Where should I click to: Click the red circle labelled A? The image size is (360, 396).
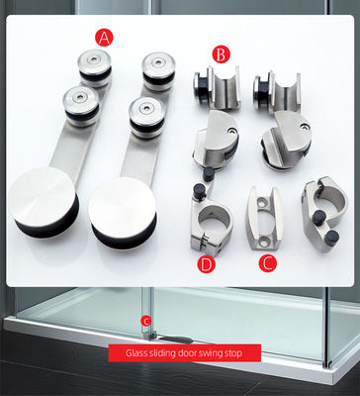[x=104, y=38]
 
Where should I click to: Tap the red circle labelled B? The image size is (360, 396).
[x=221, y=54]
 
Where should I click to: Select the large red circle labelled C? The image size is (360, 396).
[x=268, y=263]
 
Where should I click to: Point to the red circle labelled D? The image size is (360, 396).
[x=206, y=264]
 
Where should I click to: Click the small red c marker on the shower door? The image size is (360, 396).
[x=146, y=321]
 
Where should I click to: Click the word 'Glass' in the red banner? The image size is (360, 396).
[x=136, y=353]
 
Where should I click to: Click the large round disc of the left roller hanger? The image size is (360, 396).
[x=44, y=202]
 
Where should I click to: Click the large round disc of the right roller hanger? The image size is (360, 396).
[x=123, y=213]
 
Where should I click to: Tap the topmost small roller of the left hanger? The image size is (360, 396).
[x=95, y=67]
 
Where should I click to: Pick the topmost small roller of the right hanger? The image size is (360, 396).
[x=158, y=70]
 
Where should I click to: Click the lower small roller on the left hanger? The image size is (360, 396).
[x=80, y=105]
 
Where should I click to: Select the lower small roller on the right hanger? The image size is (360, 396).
[x=146, y=117]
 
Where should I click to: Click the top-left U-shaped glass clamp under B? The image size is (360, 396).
[x=217, y=89]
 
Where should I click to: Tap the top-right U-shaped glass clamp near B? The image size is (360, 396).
[x=277, y=92]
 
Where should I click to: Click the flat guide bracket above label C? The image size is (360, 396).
[x=264, y=219]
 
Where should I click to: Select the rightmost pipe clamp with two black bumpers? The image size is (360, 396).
[x=324, y=216]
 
